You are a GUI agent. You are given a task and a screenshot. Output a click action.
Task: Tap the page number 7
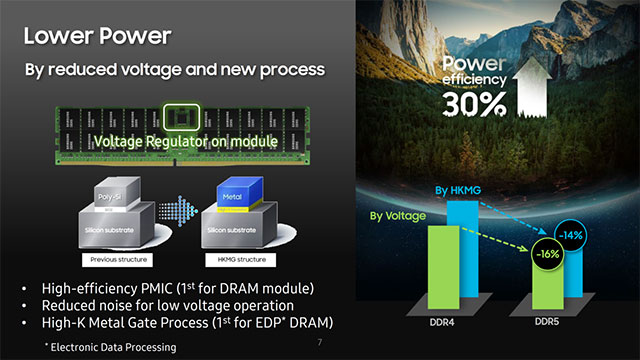pos(319,342)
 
